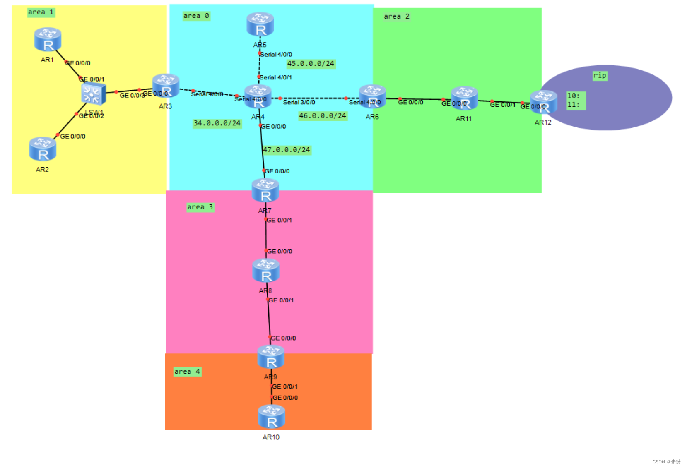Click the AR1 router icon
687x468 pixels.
48,39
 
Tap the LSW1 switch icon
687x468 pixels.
93,94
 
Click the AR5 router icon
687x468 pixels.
260,24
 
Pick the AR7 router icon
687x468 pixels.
265,190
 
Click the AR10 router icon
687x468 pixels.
271,417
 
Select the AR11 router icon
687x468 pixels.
464,98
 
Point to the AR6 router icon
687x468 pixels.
372,96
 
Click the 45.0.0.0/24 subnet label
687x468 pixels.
311,64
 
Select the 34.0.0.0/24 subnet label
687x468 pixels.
217,123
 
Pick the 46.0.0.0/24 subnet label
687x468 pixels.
323,116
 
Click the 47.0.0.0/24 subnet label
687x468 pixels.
287,150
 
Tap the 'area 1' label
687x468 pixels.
41,12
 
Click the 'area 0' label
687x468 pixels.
196,16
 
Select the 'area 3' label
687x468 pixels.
200,207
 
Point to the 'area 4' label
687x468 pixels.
187,372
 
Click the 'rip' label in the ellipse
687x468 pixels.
600,75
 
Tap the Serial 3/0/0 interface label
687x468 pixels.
299,102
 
